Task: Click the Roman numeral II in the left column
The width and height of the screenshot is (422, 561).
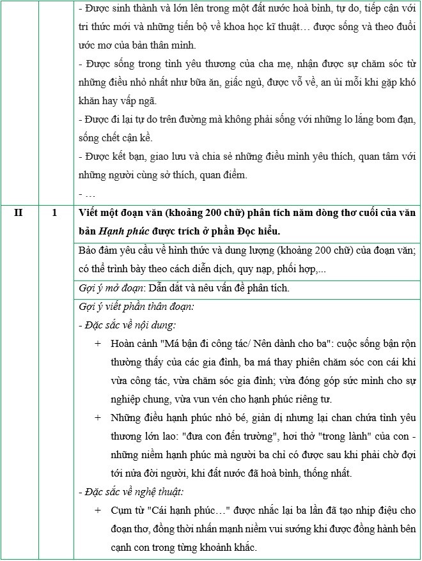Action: pos(19,214)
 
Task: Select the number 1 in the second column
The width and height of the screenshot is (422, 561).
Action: pos(55,214)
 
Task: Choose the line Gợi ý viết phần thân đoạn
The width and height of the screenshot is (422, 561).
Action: pos(136,306)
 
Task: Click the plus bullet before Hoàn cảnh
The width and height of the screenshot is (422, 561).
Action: pos(98,343)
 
